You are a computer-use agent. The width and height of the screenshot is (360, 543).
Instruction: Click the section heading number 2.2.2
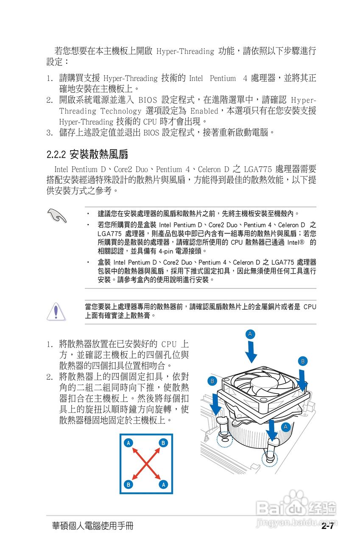click(x=56, y=153)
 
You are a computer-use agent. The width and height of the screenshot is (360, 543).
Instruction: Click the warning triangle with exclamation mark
click(x=56, y=311)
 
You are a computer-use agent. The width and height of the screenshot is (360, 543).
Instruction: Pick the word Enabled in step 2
click(x=204, y=111)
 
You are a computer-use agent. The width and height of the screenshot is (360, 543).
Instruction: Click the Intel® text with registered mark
click(x=297, y=242)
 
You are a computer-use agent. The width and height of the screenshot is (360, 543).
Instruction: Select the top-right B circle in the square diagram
click(x=163, y=443)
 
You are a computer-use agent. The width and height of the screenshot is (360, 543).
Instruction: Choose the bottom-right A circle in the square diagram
click(x=163, y=484)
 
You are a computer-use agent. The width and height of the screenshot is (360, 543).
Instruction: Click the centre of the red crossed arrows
click(x=146, y=464)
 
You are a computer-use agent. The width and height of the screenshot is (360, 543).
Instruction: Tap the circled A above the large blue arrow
click(x=251, y=334)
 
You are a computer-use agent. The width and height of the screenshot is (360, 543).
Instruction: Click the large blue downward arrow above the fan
click(x=251, y=352)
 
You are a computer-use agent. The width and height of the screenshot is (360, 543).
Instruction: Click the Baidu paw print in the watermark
click(x=296, y=499)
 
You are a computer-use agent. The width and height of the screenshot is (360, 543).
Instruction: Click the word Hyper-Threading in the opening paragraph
click(x=185, y=52)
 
